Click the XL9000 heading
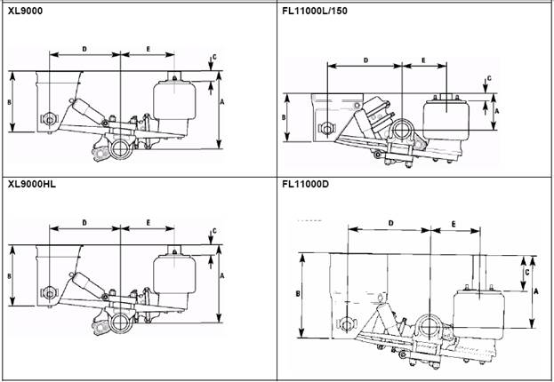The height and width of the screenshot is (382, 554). click(25, 11)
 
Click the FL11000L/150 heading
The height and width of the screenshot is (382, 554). click(315, 11)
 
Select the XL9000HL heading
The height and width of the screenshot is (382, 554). click(32, 184)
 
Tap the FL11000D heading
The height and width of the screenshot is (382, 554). click(305, 184)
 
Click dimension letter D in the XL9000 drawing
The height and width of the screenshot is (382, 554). click(84, 49)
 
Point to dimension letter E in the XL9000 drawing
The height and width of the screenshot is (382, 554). click(148, 49)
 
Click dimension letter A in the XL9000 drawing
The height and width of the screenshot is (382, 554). click(222, 102)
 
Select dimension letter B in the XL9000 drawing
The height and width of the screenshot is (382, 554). click(10, 102)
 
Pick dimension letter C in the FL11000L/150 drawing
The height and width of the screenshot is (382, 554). click(489, 78)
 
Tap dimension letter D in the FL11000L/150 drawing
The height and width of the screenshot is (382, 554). click(365, 60)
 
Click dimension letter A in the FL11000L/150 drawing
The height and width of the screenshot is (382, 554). click(496, 111)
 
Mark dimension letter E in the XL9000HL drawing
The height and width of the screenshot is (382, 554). click(148, 223)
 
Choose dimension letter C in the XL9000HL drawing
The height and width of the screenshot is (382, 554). click(214, 231)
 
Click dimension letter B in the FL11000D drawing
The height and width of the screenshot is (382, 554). click(298, 293)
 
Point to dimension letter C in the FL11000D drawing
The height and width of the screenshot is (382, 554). click(526, 272)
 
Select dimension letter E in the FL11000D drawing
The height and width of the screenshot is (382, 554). click(454, 224)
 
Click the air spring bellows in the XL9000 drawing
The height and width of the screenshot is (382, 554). click(174, 101)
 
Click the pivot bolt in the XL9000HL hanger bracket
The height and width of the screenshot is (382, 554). click(49, 292)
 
